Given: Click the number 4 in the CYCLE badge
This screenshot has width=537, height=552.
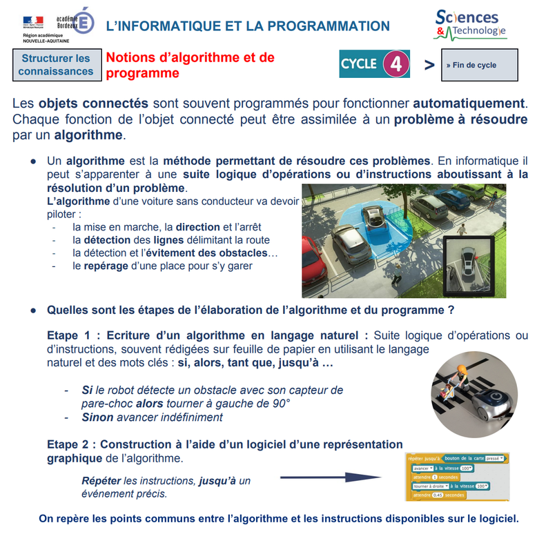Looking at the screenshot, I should pos(396,64).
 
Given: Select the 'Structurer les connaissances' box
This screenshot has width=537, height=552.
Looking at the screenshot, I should pos(56,65).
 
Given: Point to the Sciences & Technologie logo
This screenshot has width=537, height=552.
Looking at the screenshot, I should pos(471,25).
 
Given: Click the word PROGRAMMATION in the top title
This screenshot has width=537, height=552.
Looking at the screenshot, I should pos(329,26).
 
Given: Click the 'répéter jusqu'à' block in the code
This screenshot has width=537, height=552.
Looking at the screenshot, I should pos(424,457).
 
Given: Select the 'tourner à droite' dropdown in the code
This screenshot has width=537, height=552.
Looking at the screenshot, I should pos(430,486).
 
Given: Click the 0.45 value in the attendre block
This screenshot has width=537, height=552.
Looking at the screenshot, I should pos(435,495).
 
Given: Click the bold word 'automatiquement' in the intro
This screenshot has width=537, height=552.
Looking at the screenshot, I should pos(469,103).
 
